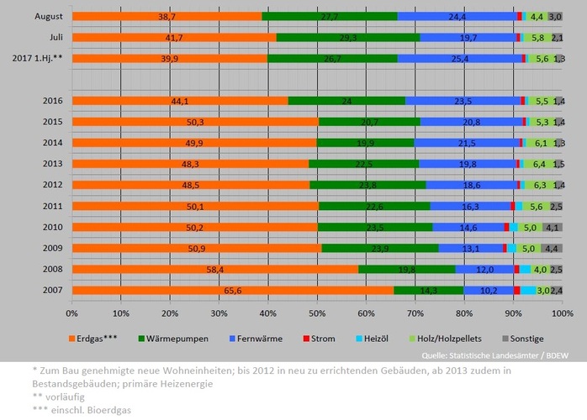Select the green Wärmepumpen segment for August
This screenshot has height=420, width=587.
point(329,16)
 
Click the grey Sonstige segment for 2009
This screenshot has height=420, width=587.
point(552,248)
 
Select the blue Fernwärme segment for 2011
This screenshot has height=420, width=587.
point(470,206)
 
